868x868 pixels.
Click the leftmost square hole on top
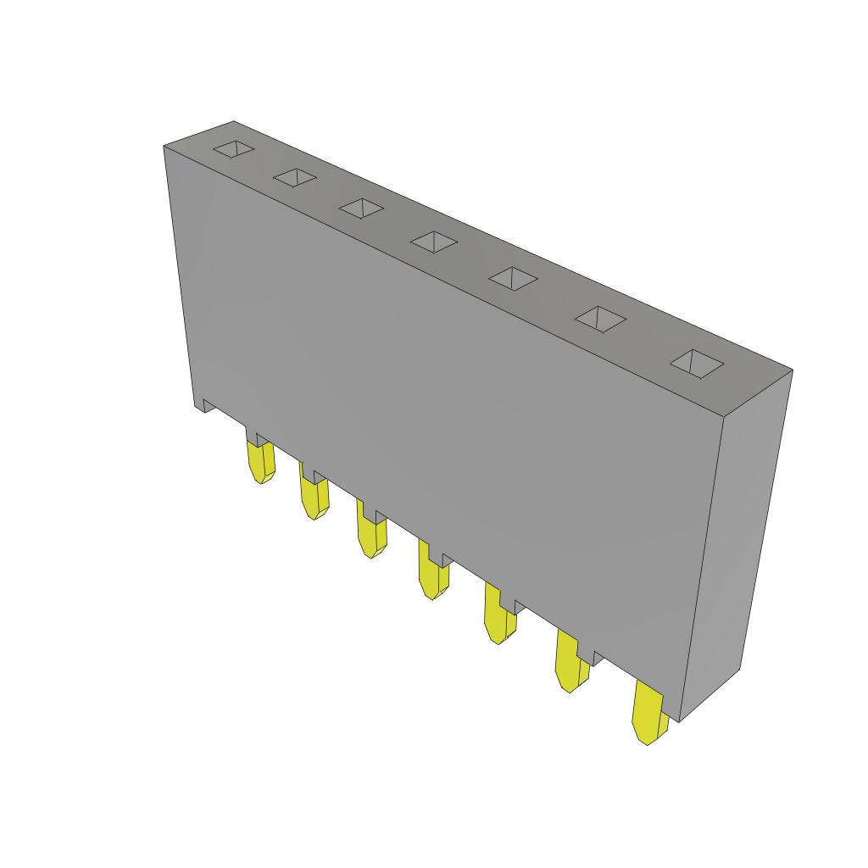(233, 149)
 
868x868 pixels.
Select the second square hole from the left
(295, 177)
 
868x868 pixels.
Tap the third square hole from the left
(362, 208)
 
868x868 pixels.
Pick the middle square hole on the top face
(434, 242)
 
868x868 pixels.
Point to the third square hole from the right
(513, 278)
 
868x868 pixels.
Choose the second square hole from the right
(600, 319)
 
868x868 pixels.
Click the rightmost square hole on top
(697, 364)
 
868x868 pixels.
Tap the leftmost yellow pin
(260, 462)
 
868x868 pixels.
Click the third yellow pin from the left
(371, 534)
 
